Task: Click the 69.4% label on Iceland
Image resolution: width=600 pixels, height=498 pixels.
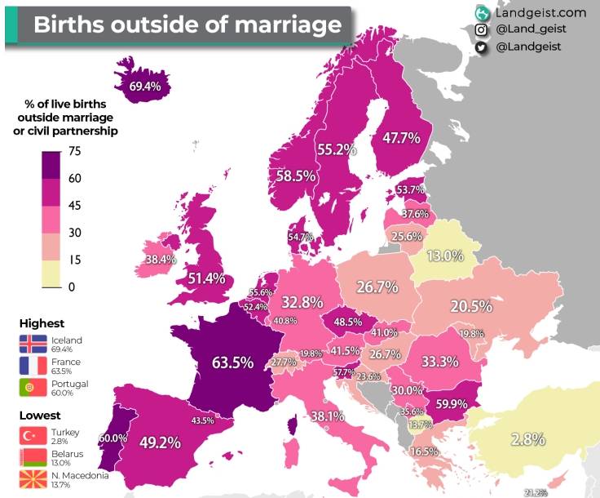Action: coord(144,85)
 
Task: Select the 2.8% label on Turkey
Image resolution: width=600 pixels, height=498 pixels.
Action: coord(528,439)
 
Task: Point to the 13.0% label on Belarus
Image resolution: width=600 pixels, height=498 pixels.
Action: coord(445,256)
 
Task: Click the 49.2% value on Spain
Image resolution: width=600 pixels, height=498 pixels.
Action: coord(160,443)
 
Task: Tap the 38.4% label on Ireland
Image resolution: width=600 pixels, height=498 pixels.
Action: coord(161,260)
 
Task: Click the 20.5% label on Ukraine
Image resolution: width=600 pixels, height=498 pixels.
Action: coord(471,307)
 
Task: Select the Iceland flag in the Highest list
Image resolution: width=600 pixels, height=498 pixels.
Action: coord(33,343)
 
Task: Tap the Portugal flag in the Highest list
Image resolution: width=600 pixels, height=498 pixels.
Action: coord(33,387)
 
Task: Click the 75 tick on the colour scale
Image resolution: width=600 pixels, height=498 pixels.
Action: coord(73,151)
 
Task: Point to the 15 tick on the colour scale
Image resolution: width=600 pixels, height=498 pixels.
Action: coord(73,260)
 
